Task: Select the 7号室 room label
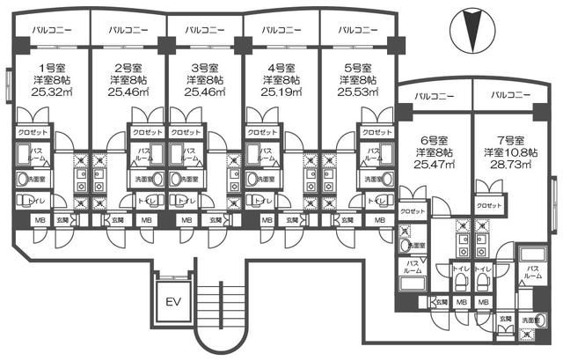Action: [508, 140]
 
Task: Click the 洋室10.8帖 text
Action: [508, 151]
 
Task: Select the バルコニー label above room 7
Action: [508, 94]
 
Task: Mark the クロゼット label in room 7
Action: [489, 204]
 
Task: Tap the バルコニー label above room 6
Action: [433, 94]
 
